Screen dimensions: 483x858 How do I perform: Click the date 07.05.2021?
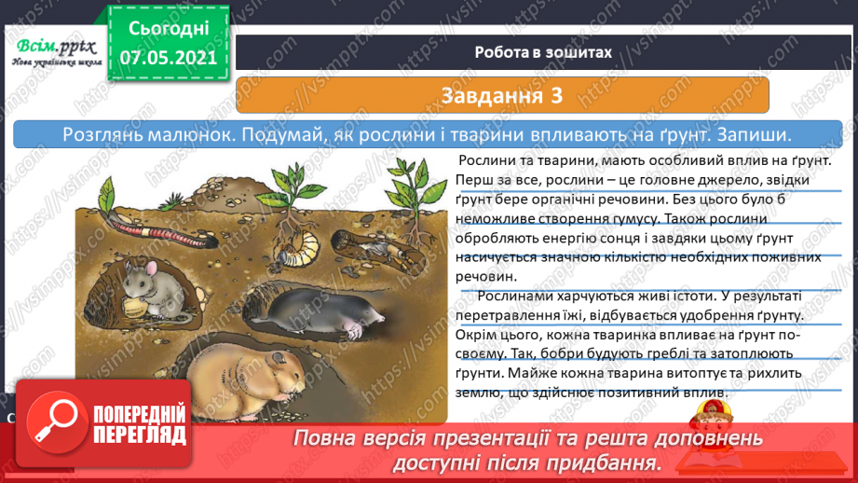point(169,57)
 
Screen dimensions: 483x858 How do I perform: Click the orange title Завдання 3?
point(502,94)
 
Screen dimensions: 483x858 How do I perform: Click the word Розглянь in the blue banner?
point(104,135)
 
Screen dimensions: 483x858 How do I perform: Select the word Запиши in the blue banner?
point(756,135)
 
